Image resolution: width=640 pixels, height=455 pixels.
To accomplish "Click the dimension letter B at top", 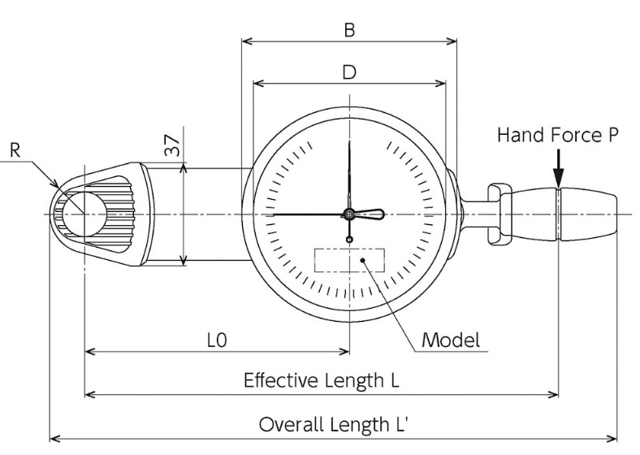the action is [x=349, y=30].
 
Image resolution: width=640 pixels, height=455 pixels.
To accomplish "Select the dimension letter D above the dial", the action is [x=349, y=72].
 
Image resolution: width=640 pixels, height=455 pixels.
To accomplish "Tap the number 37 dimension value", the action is [x=172, y=145].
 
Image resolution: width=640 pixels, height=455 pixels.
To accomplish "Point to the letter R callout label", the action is [x=15, y=150].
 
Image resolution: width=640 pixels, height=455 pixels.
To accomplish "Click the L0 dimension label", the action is [x=217, y=340].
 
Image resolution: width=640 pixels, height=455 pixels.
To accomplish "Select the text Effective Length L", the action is [x=322, y=380].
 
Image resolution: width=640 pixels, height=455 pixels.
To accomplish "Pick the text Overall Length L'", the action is [x=334, y=424].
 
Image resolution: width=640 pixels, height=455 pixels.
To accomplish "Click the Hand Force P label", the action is [x=558, y=135].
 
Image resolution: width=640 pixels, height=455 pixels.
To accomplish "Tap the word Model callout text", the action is [x=451, y=340].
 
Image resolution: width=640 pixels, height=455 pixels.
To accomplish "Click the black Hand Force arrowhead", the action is [x=559, y=178].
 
